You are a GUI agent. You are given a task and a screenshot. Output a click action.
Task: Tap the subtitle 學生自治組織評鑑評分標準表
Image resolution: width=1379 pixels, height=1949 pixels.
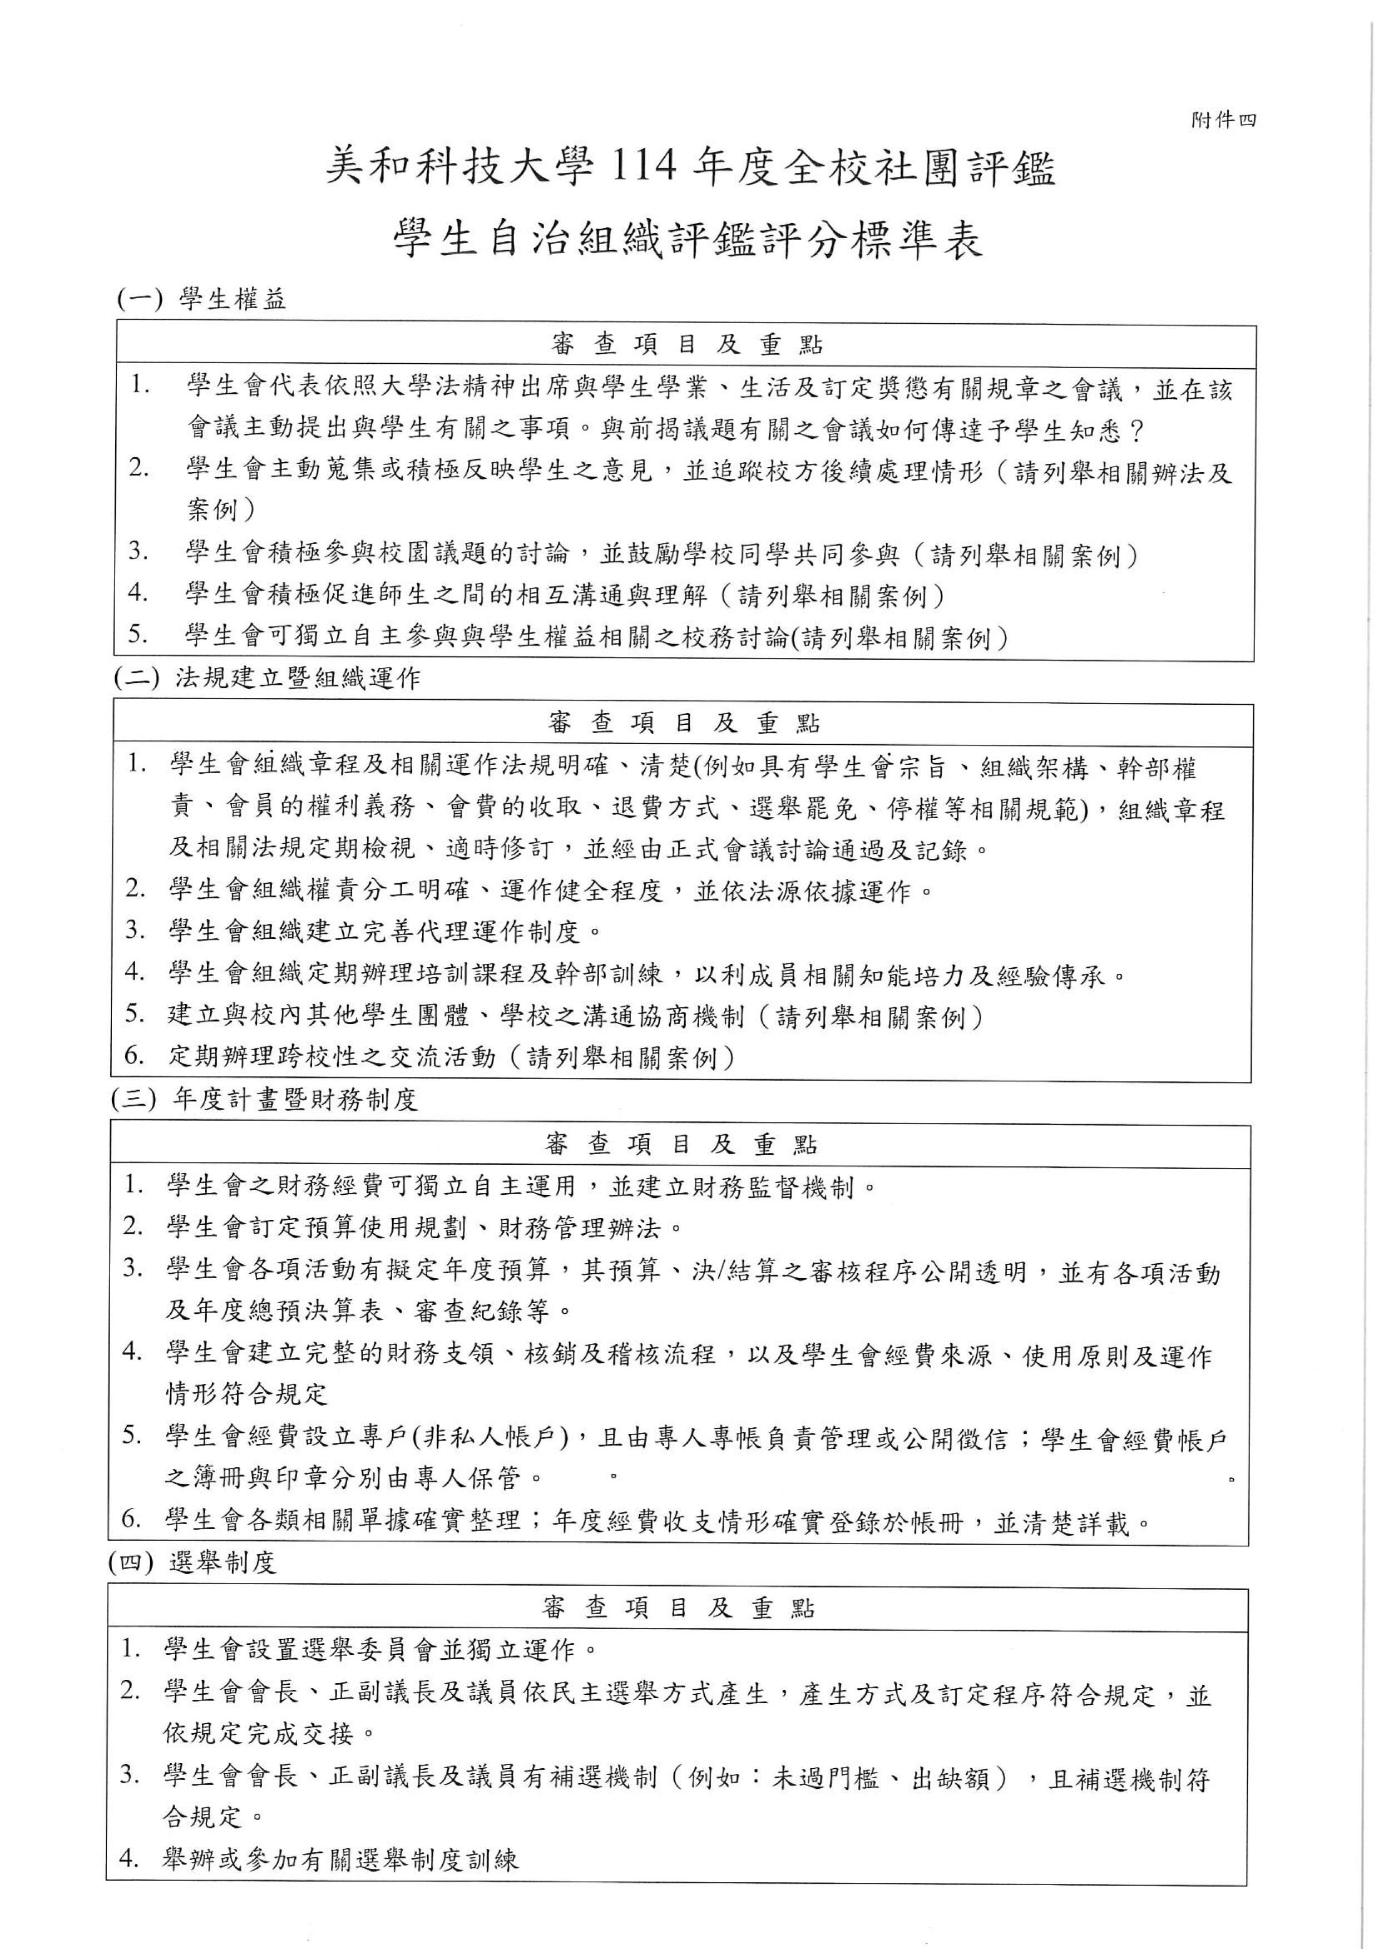coord(688,241)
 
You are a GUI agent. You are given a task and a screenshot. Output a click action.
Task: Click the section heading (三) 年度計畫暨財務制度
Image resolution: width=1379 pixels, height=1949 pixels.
coord(264,1101)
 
